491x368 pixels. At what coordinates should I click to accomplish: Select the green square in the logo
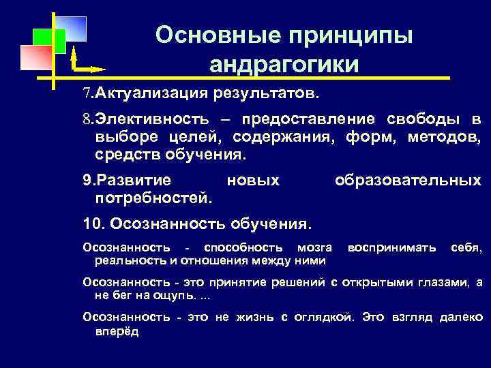[49, 41]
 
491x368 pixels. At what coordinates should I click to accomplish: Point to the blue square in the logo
[71, 29]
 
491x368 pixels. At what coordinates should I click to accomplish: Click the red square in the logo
[36, 57]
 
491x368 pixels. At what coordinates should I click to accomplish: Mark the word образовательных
[407, 181]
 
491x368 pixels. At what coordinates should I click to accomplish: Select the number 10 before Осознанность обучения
[91, 223]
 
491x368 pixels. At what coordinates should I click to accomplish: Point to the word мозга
[315, 247]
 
